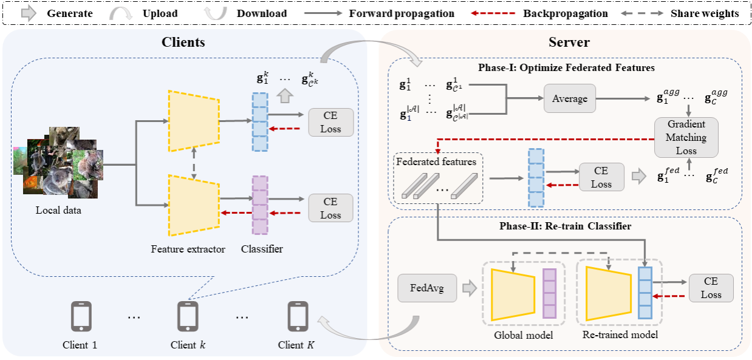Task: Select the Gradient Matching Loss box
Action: [686, 137]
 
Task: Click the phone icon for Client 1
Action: [81, 316]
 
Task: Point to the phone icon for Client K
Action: [297, 316]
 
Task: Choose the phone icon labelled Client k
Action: [188, 316]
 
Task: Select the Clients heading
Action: [183, 42]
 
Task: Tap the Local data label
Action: [58, 210]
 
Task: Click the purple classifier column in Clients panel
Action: [259, 205]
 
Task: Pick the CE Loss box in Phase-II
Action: [711, 288]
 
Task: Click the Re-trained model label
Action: [620, 335]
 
